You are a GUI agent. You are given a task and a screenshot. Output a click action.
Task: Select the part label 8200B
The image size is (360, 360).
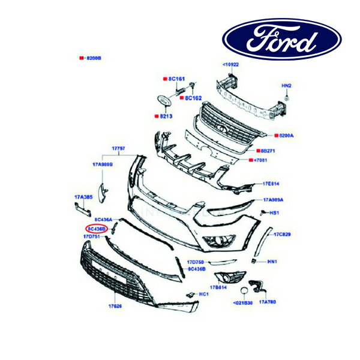(x=94, y=58)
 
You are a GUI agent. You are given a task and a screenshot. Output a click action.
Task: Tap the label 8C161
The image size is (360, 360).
(x=176, y=79)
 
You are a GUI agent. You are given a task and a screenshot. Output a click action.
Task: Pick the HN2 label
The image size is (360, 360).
(x=287, y=86)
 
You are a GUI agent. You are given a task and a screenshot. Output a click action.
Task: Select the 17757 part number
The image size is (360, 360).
(x=118, y=147)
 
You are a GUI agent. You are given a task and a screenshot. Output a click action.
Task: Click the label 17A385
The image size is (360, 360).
(x=82, y=196)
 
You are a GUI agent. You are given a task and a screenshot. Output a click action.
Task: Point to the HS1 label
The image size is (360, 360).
(x=275, y=213)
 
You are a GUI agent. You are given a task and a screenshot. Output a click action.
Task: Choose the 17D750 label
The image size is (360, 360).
(x=195, y=262)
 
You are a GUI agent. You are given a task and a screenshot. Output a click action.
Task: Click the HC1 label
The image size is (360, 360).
(x=204, y=294)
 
